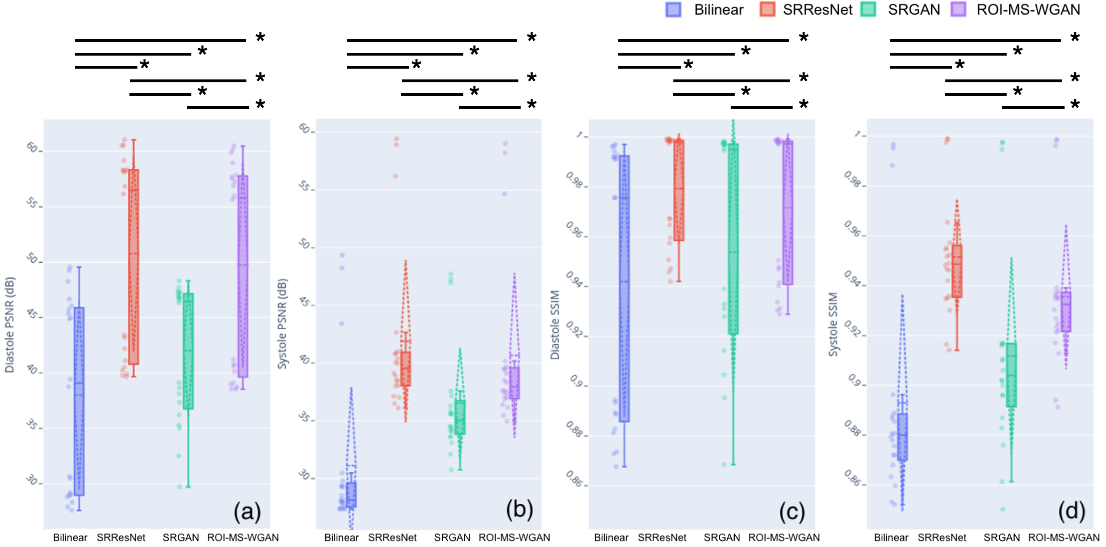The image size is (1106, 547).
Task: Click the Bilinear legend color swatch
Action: pyautogui.click(x=673, y=10)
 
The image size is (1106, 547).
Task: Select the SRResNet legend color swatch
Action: pyautogui.click(x=768, y=10)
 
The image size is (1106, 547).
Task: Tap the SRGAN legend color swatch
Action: pyautogui.click(x=869, y=10)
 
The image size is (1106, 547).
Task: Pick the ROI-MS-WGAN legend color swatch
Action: pyautogui.click(x=958, y=10)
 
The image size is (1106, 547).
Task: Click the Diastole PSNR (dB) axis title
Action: pyautogui.click(x=10, y=325)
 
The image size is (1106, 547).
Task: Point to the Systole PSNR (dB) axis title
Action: pyautogui.click(x=282, y=324)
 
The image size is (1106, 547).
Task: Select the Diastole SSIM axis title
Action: pyautogui.click(x=555, y=325)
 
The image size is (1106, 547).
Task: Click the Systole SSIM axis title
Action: pyautogui.click(x=833, y=325)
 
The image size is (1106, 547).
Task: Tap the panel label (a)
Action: pyautogui.click(x=248, y=512)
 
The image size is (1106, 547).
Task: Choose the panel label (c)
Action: pyautogui.click(x=792, y=512)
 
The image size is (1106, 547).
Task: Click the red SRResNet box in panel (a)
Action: pyautogui.click(x=133, y=267)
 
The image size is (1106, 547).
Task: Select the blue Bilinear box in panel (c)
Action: pyautogui.click(x=625, y=288)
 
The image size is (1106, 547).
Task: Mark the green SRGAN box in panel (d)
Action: pyautogui.click(x=1011, y=375)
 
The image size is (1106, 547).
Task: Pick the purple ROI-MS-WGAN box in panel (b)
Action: pyautogui.click(x=514, y=383)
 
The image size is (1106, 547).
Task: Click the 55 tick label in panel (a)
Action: pyautogui.click(x=33, y=203)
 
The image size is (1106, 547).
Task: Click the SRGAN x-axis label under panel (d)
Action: pyautogui.click(x=1002, y=537)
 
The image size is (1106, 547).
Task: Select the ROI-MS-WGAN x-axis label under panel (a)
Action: pyautogui.click(x=243, y=537)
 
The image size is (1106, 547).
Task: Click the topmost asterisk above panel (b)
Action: pyautogui.click(x=531, y=38)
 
